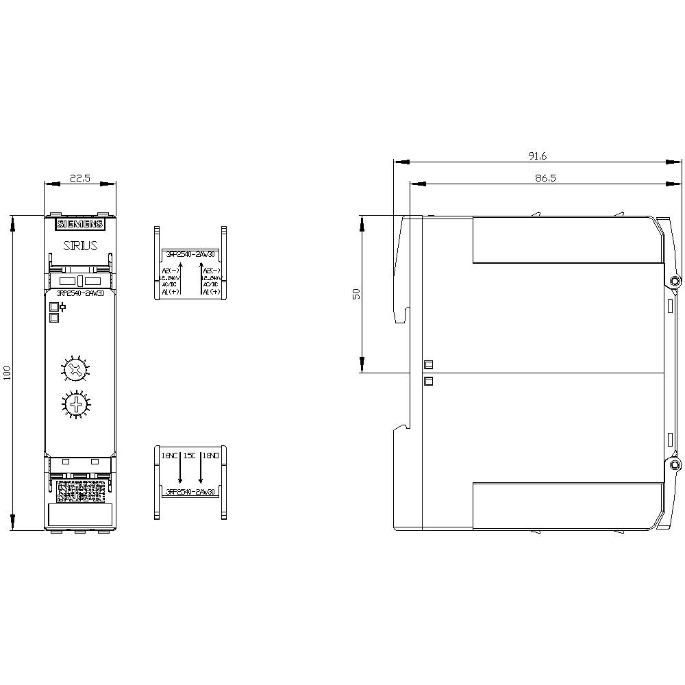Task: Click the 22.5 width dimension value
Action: (x=80, y=178)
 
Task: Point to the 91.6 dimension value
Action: (x=537, y=156)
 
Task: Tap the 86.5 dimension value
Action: (x=537, y=177)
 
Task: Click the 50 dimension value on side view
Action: (x=356, y=294)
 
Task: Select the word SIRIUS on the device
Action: (x=80, y=245)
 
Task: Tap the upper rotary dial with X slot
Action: (x=75, y=371)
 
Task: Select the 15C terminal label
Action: (x=190, y=455)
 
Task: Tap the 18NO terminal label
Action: (x=210, y=455)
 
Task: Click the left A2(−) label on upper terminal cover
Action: (x=170, y=271)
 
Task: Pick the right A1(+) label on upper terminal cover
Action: (x=211, y=292)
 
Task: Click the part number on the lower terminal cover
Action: (x=190, y=492)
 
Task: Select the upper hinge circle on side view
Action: (x=675, y=282)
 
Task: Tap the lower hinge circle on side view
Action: (x=675, y=466)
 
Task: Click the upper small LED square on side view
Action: (x=429, y=364)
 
